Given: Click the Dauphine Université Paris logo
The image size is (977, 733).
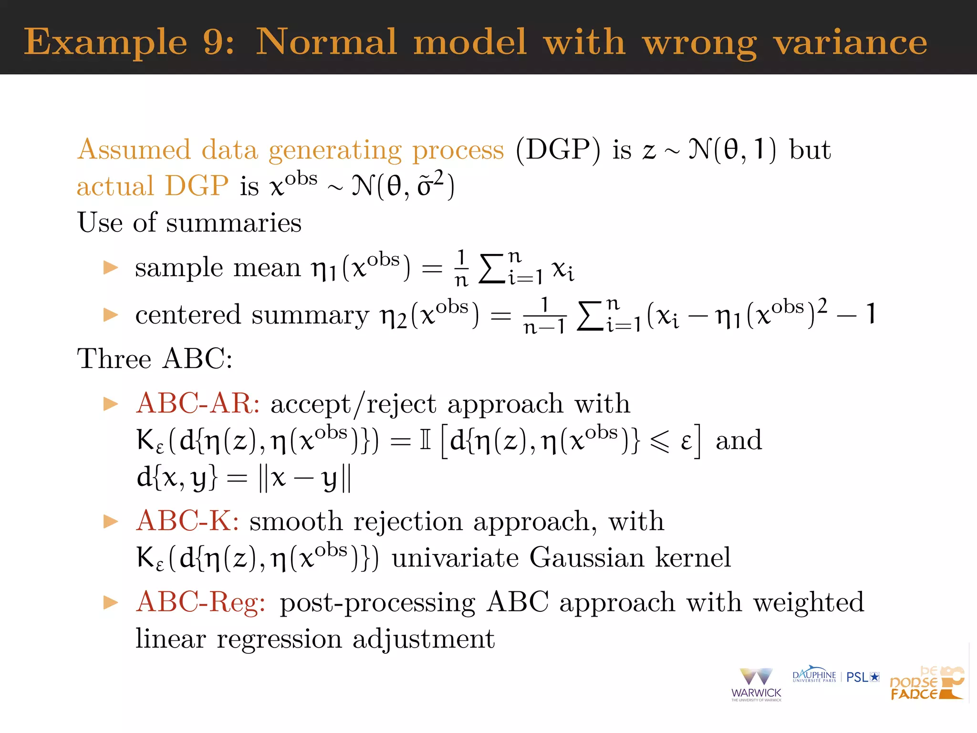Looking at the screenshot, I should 814,675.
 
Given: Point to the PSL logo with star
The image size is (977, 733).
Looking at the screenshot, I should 863,677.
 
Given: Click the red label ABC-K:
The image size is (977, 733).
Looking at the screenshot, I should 187,521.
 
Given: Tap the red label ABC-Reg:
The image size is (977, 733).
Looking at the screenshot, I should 201,602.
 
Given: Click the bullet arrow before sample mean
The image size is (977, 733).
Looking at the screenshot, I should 111,267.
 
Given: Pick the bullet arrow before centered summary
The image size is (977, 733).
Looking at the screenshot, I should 111,314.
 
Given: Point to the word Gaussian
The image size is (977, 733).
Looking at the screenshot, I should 587,557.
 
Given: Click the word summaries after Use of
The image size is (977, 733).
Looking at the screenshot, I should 233,223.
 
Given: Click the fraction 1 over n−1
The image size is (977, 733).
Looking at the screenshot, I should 544,315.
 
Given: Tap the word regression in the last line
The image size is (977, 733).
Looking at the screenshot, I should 279,639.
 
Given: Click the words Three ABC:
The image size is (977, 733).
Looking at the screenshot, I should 155,359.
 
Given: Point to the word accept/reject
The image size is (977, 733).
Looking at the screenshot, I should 353,404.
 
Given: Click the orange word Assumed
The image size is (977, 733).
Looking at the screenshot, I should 134,150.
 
